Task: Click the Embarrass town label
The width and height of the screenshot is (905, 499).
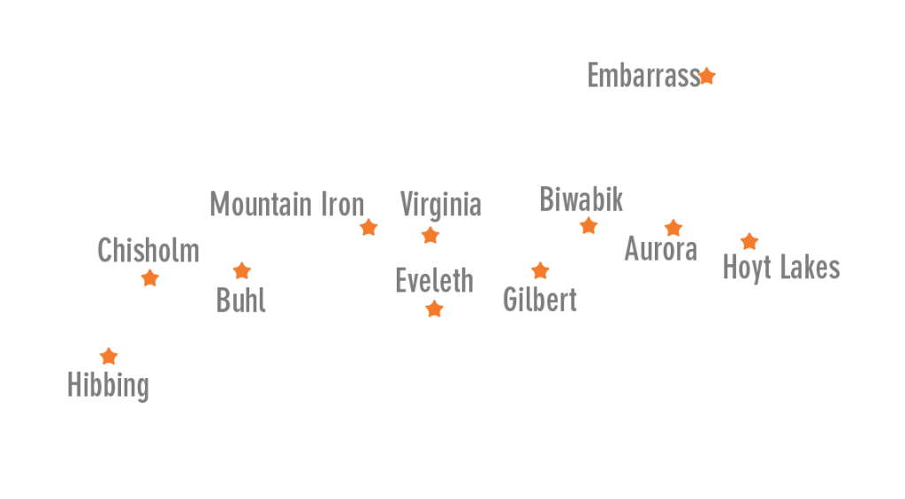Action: click(x=643, y=77)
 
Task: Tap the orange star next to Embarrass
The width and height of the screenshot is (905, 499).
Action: click(x=707, y=76)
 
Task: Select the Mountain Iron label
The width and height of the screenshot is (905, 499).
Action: click(x=287, y=205)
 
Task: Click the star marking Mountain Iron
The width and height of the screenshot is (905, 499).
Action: click(x=369, y=228)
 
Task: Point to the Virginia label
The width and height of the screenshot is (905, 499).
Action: click(x=440, y=205)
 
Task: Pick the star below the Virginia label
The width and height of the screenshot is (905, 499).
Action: click(x=430, y=235)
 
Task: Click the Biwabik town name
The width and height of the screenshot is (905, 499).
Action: click(x=582, y=200)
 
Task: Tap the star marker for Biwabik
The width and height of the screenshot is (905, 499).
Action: click(x=589, y=226)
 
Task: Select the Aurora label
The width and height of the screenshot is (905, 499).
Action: click(x=660, y=249)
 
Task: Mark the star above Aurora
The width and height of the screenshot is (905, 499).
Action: click(x=673, y=228)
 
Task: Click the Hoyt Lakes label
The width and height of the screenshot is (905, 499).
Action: click(x=781, y=268)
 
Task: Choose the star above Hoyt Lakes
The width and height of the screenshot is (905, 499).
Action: click(x=749, y=241)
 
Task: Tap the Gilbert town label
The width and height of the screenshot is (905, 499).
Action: click(x=540, y=300)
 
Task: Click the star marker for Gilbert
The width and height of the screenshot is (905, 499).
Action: click(x=540, y=271)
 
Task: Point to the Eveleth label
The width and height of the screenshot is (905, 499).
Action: click(x=434, y=281)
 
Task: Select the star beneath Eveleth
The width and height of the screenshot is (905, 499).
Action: click(x=434, y=309)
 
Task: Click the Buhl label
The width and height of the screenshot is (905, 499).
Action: click(x=241, y=301)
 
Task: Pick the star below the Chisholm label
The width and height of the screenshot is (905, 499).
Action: click(x=150, y=278)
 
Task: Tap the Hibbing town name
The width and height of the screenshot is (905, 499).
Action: click(x=108, y=386)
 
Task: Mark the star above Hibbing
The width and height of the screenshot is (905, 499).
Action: click(x=109, y=356)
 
